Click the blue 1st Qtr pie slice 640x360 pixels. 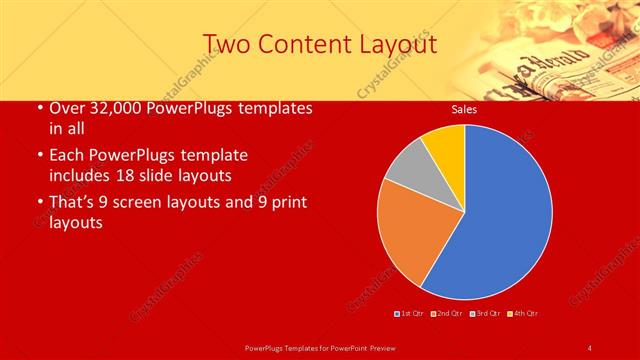click(x=500, y=215)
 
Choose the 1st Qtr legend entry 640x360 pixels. click(x=409, y=313)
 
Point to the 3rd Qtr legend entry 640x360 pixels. click(x=487, y=313)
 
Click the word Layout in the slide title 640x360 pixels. click(x=392, y=44)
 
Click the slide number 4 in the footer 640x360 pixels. click(x=590, y=347)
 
